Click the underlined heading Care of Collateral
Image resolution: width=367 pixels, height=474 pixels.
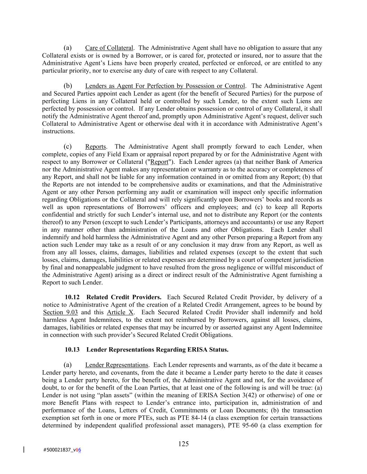coord(109,48)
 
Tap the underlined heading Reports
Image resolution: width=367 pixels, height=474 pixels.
coord(95,147)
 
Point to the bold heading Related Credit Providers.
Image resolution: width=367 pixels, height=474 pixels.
coord(124,297)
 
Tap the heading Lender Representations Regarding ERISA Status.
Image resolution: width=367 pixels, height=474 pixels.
coord(157,350)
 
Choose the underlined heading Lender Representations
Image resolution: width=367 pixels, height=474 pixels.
coord(117,365)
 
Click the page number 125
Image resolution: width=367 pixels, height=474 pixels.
coord(183,444)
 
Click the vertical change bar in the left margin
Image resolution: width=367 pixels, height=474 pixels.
coord(24,450)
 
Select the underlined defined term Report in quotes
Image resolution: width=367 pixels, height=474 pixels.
coord(159,162)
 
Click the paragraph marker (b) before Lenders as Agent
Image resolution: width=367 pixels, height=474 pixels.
coord(68,86)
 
